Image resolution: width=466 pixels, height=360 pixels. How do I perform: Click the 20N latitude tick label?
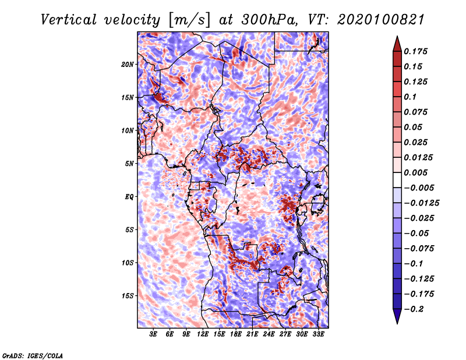coord(128,64)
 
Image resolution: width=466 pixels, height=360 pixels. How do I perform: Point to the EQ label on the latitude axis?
coord(129,196)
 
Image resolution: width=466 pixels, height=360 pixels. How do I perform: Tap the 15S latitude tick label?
coord(128,295)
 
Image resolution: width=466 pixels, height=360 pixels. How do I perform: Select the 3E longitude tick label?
coord(153,334)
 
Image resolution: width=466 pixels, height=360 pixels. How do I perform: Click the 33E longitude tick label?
coord(318,334)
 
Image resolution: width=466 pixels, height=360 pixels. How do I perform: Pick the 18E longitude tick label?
coord(236,334)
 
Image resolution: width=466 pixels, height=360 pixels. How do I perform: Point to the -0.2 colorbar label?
coord(418,309)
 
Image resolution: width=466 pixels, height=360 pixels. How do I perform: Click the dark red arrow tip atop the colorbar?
coord(397,41)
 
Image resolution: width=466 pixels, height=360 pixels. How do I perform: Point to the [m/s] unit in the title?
coord(188,19)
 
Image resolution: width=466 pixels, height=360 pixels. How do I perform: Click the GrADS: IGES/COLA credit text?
coord(33,355)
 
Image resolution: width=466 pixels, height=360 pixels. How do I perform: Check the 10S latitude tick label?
coord(128,263)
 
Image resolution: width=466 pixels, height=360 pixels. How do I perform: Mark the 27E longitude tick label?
coord(285,334)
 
